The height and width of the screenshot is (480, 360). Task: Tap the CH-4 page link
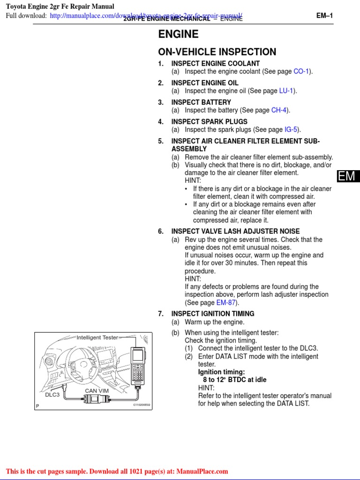279,110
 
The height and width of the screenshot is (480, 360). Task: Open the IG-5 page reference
292,130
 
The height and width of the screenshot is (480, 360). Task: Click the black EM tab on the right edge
347,176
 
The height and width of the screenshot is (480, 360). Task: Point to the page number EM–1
324,15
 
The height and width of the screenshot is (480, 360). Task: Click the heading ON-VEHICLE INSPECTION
217,52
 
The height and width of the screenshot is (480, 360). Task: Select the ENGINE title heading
178,34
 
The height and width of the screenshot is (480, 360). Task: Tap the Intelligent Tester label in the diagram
97,337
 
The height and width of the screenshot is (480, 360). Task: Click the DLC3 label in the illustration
52,395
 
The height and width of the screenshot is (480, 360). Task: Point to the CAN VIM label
97,390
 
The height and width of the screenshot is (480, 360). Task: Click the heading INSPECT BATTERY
201,102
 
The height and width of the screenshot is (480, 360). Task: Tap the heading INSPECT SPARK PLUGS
209,122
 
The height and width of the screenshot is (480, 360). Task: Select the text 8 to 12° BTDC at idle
234,380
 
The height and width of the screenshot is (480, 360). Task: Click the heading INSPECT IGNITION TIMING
213,314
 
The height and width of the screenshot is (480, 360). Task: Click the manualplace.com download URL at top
146,16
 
